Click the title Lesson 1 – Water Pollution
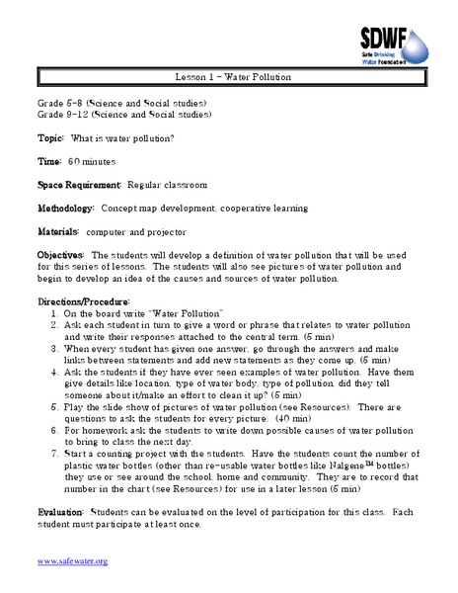click(229, 77)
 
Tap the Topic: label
click(53, 135)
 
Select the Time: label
click(51, 159)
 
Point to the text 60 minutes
click(92, 159)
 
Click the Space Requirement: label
click(79, 184)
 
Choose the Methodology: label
click(66, 209)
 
